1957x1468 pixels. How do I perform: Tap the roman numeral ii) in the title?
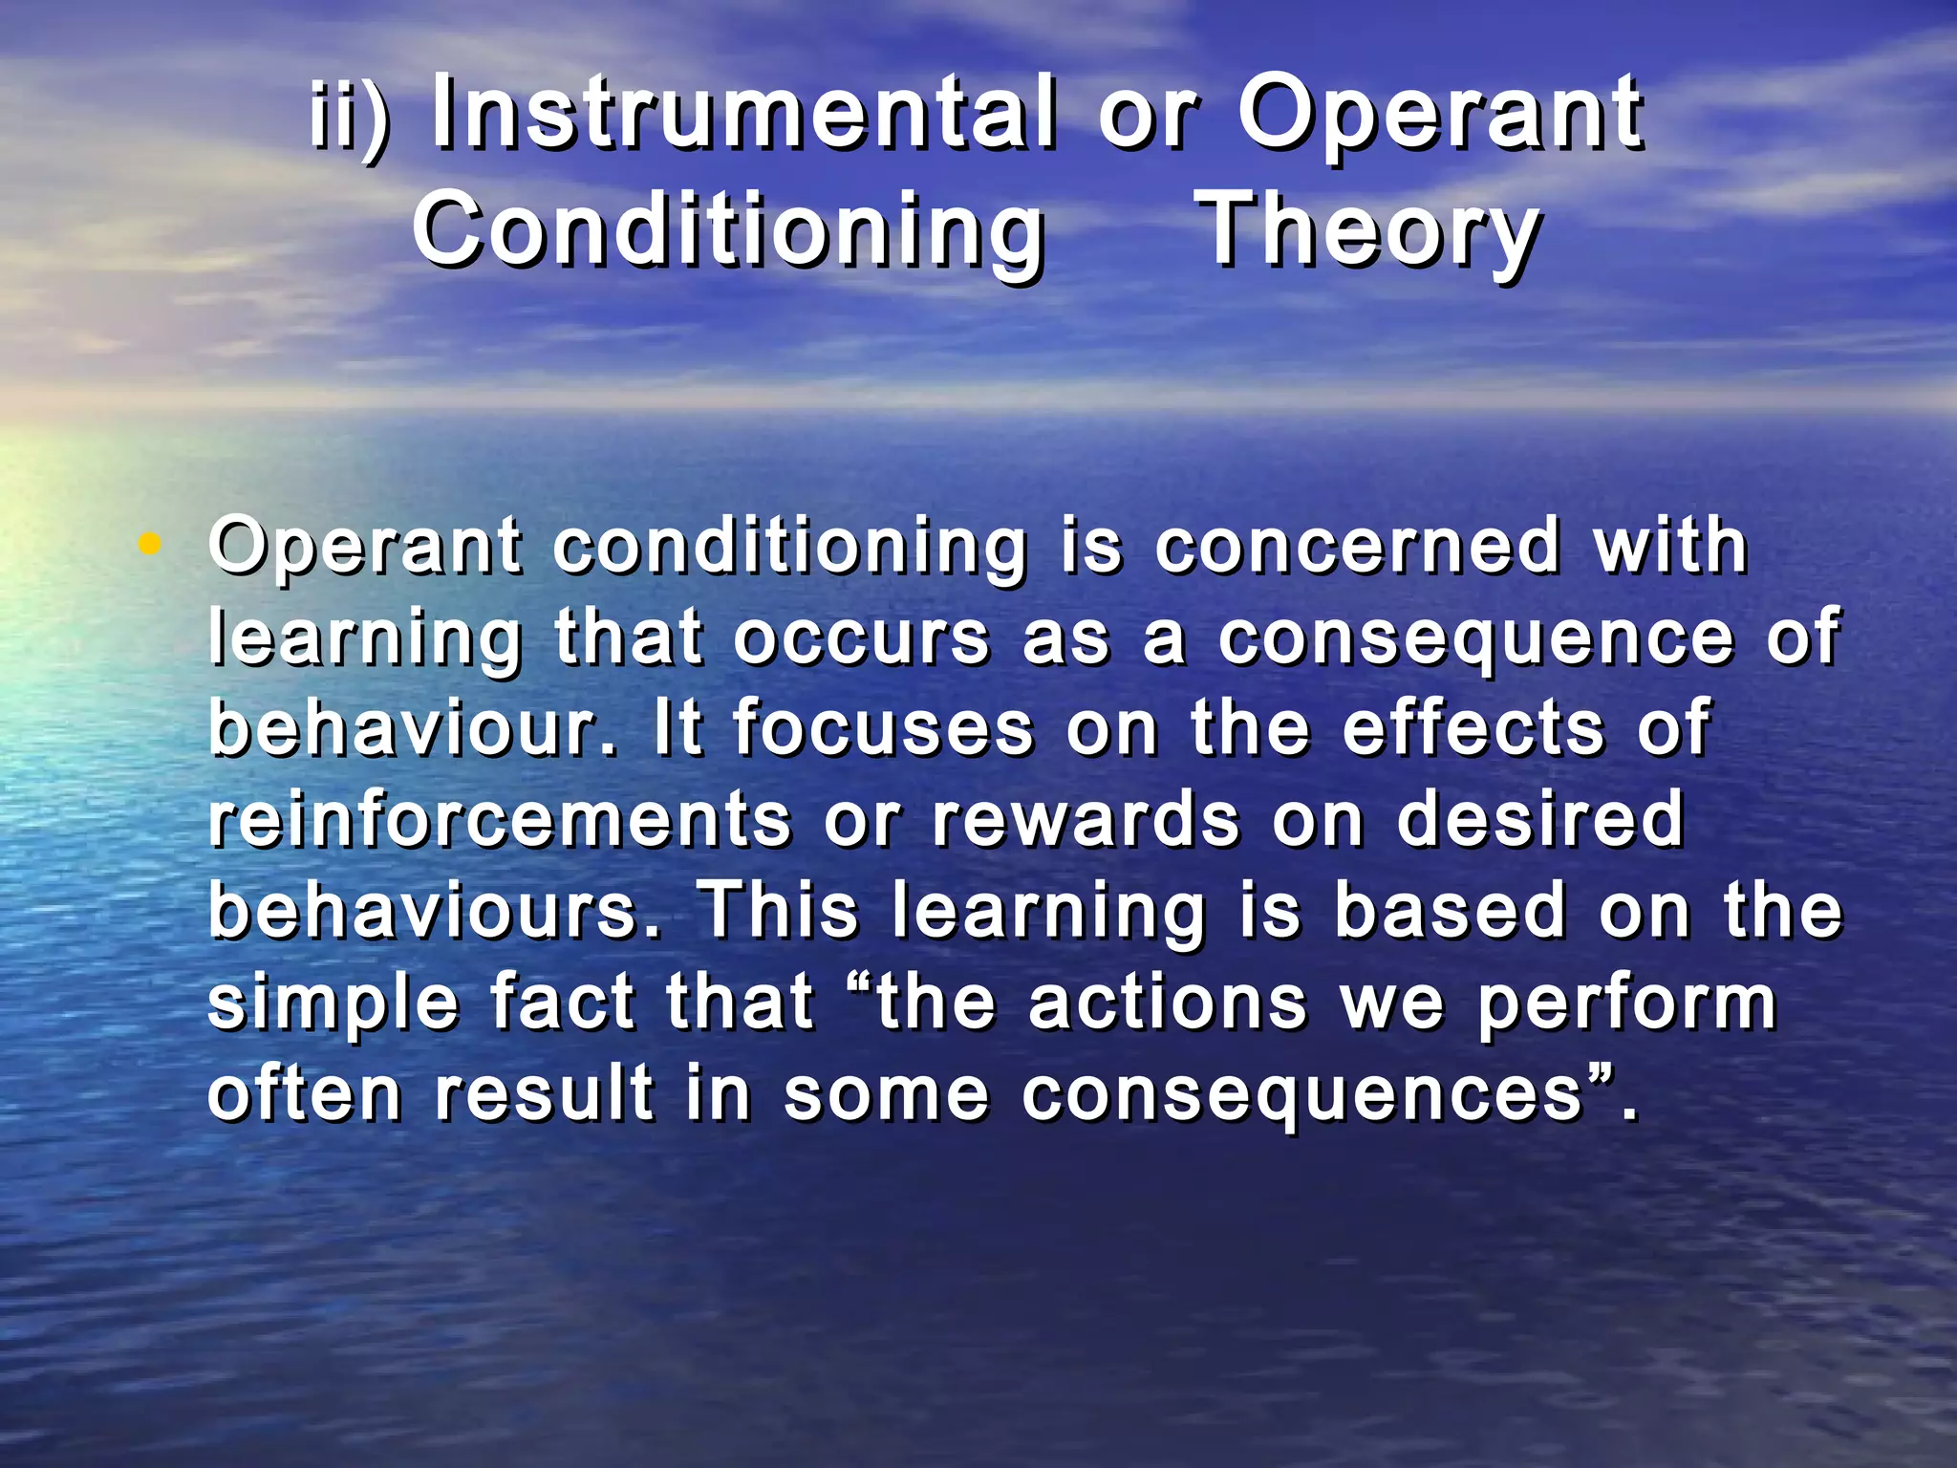coord(350,119)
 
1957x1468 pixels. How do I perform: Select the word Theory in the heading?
coord(1368,232)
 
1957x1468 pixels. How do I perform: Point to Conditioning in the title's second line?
coord(728,232)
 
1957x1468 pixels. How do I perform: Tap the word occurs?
coord(861,638)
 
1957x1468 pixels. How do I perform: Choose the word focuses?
coord(884,729)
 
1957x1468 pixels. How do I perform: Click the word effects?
coord(1474,729)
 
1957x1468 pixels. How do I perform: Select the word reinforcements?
coord(500,820)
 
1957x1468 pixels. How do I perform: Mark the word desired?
coord(1539,820)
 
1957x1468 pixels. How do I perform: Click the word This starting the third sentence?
coord(779,911)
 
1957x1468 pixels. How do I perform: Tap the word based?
coord(1450,911)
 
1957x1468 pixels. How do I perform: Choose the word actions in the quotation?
coord(1167,1003)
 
